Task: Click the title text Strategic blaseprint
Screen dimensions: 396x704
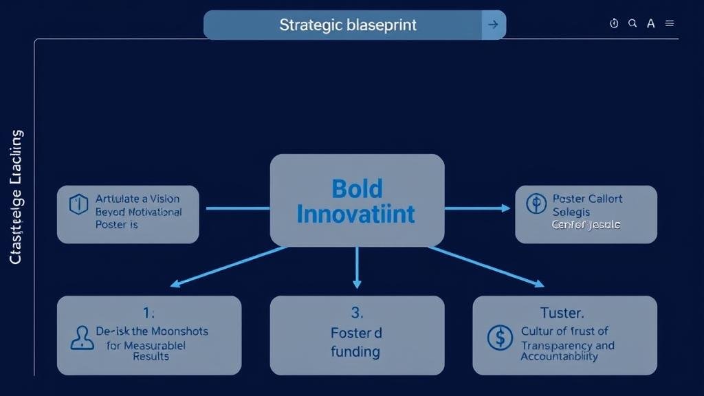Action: coord(347,25)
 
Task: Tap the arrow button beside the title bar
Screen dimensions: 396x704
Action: coord(493,25)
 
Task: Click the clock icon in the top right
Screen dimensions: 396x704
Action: coord(614,23)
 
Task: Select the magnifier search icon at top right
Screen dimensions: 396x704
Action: coord(632,23)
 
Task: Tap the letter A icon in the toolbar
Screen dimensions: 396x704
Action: coord(650,23)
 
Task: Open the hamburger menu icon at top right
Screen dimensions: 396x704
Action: coord(670,23)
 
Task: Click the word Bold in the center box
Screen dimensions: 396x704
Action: coord(357,188)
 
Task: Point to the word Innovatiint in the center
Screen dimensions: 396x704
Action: coord(356,214)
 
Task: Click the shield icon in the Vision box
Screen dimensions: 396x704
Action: coord(79,204)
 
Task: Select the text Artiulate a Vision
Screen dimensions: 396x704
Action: coord(137,199)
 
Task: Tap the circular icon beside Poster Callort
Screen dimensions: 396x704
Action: coord(535,204)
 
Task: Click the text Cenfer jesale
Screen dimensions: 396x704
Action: coord(586,225)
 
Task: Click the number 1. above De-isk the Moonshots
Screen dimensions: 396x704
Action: coord(149,313)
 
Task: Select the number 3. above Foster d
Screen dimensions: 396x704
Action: coord(357,313)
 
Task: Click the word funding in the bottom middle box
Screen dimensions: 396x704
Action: coord(355,352)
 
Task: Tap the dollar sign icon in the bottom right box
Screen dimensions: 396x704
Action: coord(499,338)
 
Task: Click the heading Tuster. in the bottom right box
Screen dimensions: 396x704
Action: coord(562,313)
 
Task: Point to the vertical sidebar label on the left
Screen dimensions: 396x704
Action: coord(16,197)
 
